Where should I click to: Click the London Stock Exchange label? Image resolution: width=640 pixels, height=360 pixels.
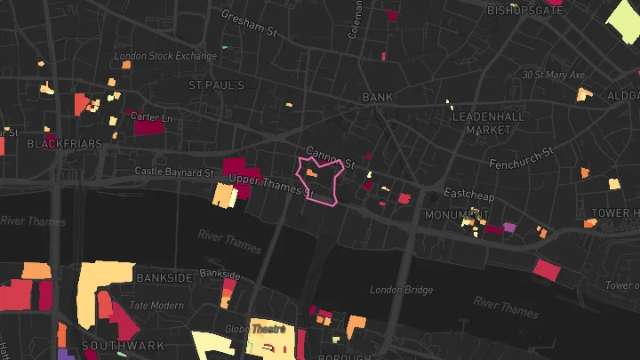165,56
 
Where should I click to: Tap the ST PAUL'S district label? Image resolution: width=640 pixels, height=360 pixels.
216,85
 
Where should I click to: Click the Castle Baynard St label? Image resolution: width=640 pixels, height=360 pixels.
174,171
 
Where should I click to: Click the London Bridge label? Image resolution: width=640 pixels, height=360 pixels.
401,290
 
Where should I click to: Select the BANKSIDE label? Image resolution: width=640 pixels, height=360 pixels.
164,278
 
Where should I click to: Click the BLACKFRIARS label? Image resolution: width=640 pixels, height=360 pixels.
60,143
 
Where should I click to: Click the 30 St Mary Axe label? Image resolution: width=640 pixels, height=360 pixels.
553,76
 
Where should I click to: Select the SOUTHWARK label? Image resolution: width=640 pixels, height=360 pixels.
111,345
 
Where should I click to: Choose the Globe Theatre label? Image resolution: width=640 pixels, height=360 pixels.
268,328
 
